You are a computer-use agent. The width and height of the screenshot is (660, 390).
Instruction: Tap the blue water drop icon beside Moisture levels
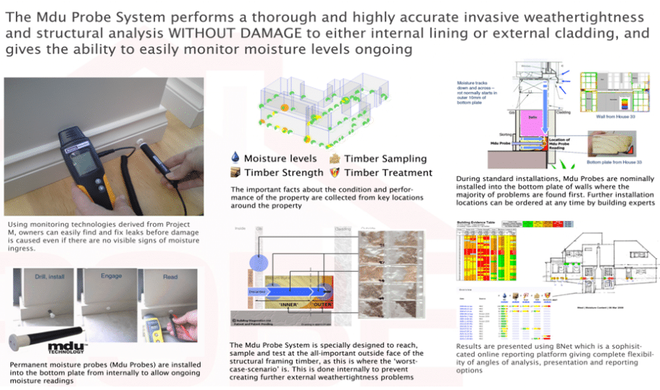click(x=234, y=158)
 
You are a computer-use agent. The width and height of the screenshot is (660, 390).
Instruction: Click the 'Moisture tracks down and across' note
click(x=477, y=92)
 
